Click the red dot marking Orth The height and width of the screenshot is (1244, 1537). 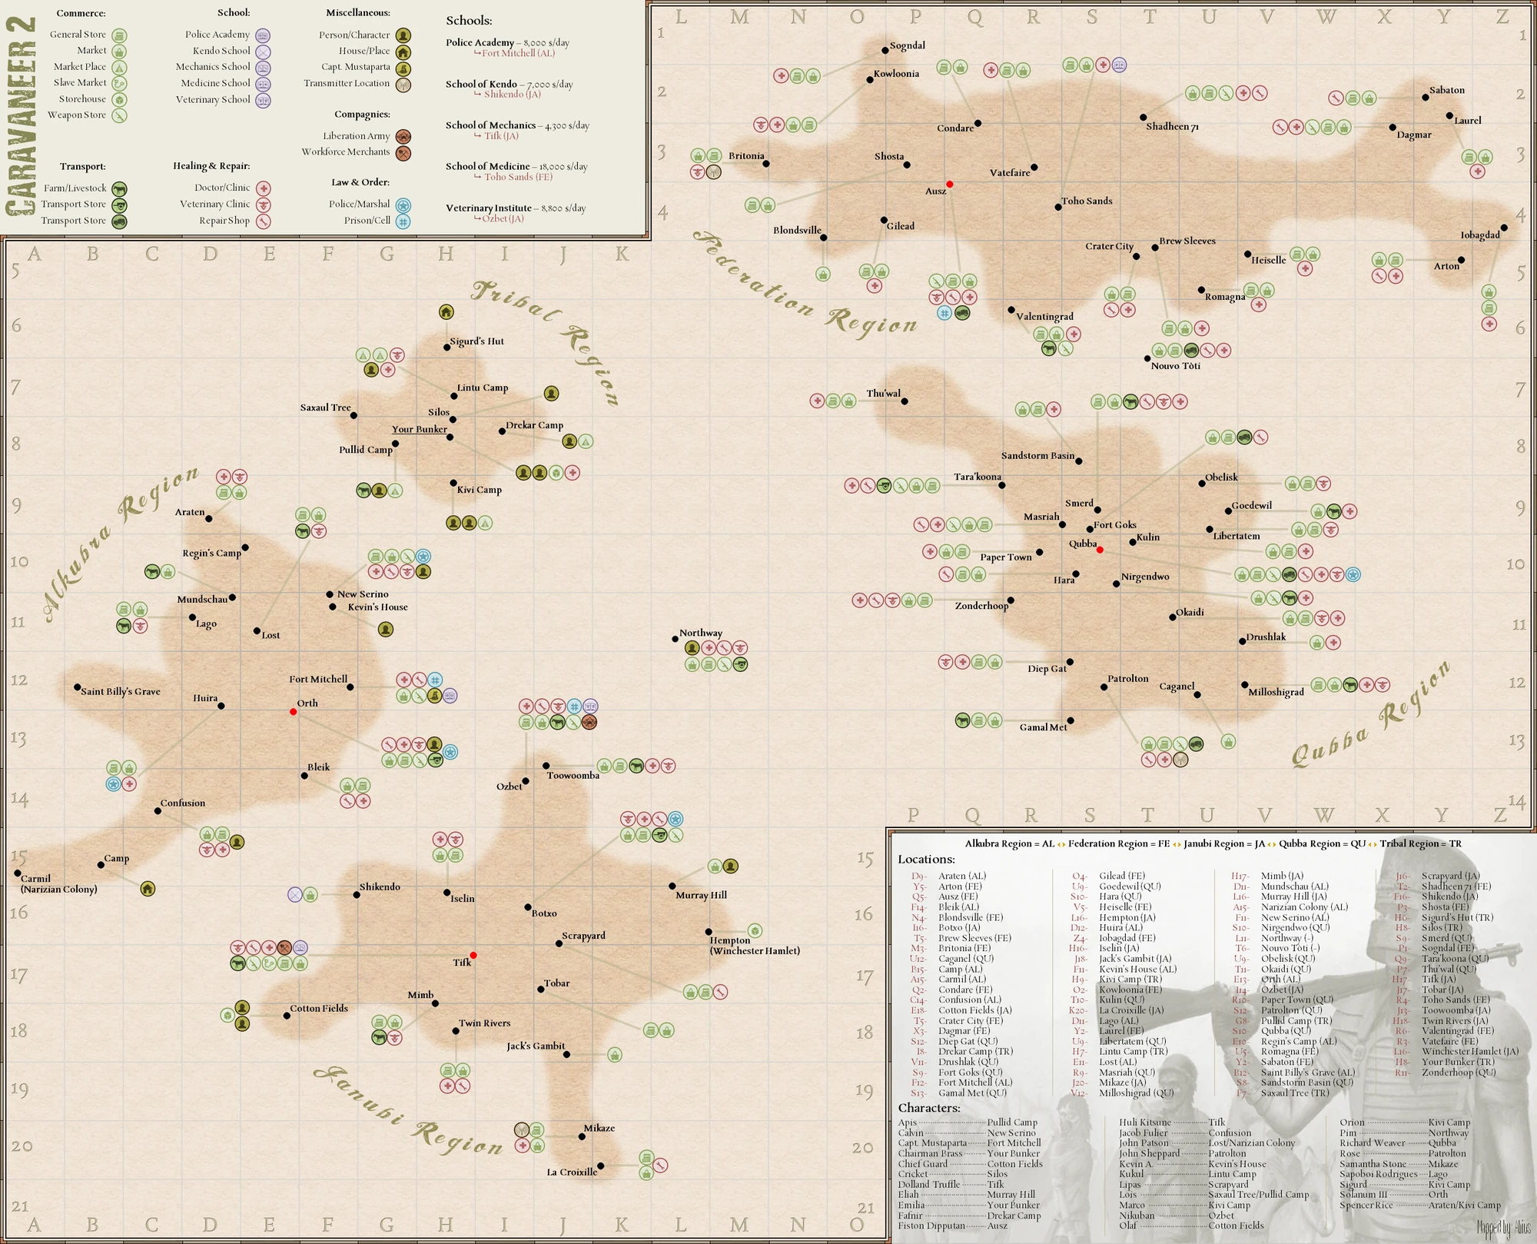click(293, 712)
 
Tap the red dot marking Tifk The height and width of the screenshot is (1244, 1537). click(473, 956)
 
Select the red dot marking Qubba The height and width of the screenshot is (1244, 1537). click(1100, 550)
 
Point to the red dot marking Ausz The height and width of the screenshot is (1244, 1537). click(950, 185)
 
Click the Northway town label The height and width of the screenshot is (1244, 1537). click(700, 633)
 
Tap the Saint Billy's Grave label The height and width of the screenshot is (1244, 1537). click(121, 691)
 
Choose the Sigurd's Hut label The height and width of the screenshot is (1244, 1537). click(476, 341)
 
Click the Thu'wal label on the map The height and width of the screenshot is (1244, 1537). click(883, 394)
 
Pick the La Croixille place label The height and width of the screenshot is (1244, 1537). click(572, 1172)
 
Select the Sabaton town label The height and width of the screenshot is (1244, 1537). click(1447, 90)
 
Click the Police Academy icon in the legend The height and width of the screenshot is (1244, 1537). click(263, 35)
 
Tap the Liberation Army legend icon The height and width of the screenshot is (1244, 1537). click(403, 137)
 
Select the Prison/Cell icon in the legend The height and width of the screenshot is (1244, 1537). click(403, 221)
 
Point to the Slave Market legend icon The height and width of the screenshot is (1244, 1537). click(119, 84)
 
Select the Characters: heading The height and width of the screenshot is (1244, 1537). click(928, 1108)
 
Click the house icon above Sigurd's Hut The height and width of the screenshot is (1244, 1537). click(446, 312)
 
